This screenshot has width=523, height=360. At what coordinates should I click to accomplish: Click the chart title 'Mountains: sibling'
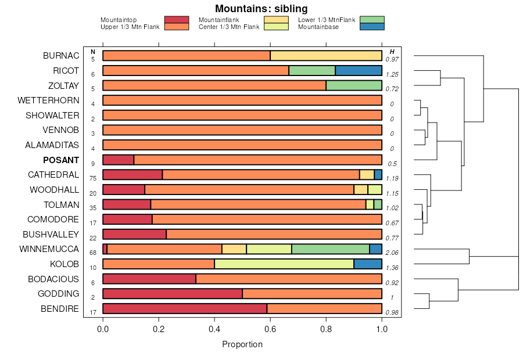point(261,9)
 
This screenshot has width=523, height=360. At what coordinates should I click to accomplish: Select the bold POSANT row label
point(61,160)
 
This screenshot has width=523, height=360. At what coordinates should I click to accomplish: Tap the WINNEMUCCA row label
point(49,249)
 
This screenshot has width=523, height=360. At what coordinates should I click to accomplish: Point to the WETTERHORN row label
point(48,100)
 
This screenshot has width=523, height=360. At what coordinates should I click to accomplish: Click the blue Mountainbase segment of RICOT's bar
point(359,70)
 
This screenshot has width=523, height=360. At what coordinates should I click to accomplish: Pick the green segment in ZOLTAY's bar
point(354,85)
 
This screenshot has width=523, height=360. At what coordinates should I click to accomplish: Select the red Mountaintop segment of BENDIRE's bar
point(185,308)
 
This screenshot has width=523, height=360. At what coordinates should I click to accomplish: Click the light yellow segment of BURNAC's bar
point(326,56)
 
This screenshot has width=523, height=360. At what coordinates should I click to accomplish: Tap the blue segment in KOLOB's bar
point(368,264)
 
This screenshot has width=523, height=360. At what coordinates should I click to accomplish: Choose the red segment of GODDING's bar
point(173,294)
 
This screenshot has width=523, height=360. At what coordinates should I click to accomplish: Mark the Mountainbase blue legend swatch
point(372,27)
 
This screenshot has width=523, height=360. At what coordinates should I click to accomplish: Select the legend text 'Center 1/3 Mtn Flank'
point(229,27)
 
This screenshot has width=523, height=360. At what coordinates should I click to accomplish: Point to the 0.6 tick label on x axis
point(270,328)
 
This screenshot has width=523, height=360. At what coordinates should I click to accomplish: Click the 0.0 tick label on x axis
point(103,328)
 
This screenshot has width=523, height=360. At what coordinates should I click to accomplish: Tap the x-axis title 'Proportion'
point(242,344)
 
